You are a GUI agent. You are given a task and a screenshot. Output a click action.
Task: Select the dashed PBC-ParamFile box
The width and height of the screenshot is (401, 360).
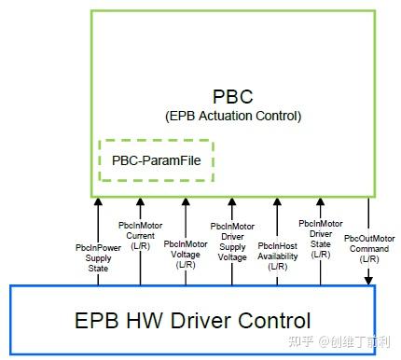tap(157, 160)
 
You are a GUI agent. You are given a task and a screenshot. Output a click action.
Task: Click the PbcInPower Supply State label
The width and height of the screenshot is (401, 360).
tap(96, 258)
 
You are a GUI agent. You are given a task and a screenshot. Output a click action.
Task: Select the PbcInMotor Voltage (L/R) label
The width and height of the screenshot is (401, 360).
tap(186, 255)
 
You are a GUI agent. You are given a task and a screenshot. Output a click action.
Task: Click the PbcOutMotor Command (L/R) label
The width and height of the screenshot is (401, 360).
tap(367, 248)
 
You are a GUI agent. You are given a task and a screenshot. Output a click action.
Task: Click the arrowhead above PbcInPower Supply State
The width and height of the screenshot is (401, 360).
tap(96, 201)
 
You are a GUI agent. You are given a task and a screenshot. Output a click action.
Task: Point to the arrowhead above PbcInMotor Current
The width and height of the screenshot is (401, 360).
tap(140, 201)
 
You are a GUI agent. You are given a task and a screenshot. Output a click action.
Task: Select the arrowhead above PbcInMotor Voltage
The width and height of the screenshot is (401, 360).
tap(186, 201)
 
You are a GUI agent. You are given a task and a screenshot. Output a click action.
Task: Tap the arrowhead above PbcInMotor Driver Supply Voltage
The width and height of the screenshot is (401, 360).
tap(231, 201)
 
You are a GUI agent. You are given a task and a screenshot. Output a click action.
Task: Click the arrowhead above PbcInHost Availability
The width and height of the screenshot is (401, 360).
tap(276, 201)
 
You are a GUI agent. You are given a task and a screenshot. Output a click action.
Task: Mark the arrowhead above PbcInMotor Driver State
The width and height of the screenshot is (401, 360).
tap(322, 201)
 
